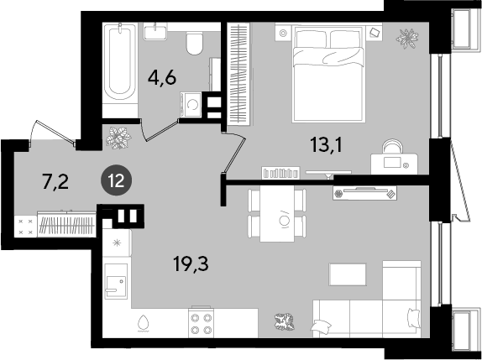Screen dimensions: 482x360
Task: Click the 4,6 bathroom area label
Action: (x=162, y=78)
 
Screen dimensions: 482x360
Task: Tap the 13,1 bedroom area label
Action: (x=326, y=144)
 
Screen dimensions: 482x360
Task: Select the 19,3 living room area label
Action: (x=191, y=263)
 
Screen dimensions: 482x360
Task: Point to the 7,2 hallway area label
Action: (x=55, y=182)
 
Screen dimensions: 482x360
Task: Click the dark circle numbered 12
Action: (x=117, y=180)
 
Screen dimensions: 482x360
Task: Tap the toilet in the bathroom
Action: (x=195, y=44)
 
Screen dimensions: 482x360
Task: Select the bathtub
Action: (x=119, y=62)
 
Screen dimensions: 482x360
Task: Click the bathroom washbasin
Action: (x=155, y=32)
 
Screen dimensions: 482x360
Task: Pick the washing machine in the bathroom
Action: (x=191, y=105)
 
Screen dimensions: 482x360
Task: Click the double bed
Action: (x=329, y=74)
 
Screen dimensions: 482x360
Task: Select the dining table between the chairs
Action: (x=277, y=213)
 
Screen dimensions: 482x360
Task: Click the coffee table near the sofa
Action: (x=348, y=274)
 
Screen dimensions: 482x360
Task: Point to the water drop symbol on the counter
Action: (x=143, y=324)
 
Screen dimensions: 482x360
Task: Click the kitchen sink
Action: (x=116, y=281)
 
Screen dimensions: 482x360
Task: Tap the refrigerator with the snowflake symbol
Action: (x=117, y=243)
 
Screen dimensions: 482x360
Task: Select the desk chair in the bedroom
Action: (x=392, y=146)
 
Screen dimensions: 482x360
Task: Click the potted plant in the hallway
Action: (x=118, y=138)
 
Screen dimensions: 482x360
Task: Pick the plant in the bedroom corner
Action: (x=407, y=38)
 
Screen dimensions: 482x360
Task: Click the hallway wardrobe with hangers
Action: (x=66, y=224)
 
